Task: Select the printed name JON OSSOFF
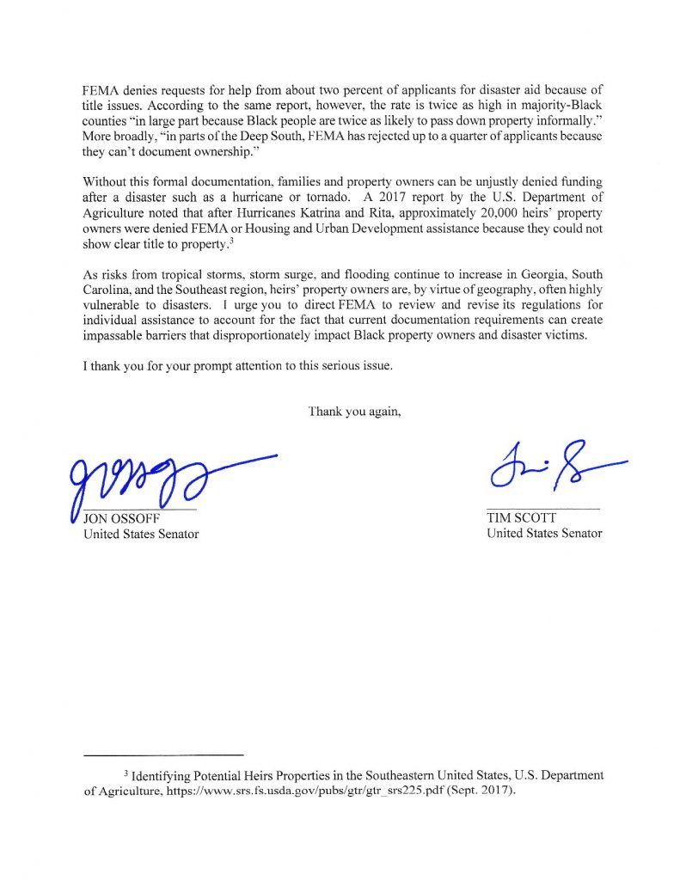tap(121, 518)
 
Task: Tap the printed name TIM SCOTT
tap(521, 518)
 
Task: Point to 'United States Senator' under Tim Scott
tap(544, 534)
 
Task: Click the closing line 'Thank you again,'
tap(354, 411)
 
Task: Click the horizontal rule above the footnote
tap(163, 754)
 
